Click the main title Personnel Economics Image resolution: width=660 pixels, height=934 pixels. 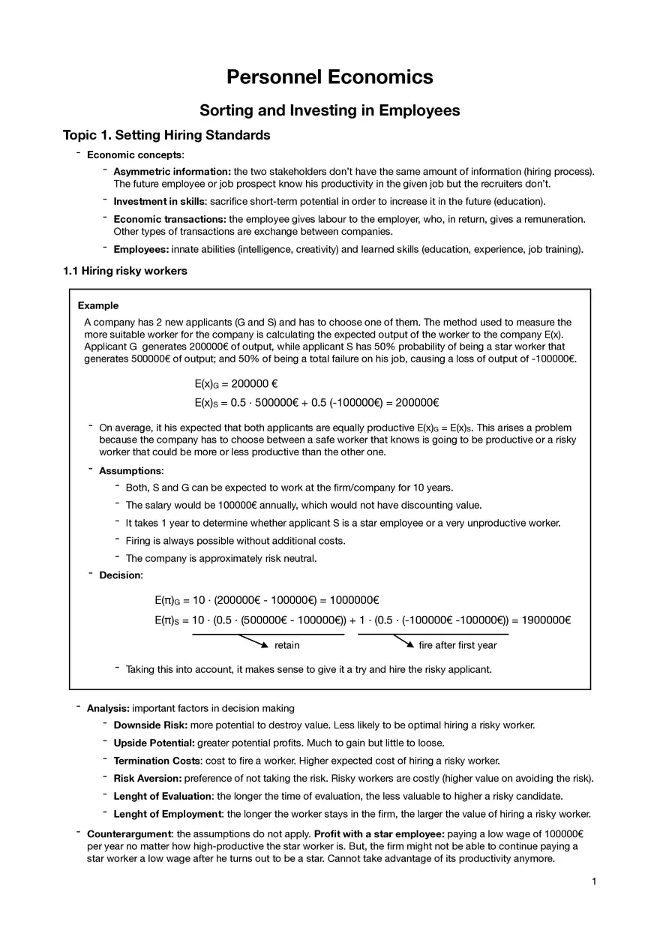pyautogui.click(x=329, y=77)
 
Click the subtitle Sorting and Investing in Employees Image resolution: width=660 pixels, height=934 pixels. pyautogui.click(x=329, y=110)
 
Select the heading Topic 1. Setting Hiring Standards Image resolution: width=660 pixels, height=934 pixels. pyautogui.click(x=166, y=136)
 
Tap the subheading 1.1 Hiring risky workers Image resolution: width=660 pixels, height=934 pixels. pyautogui.click(x=124, y=271)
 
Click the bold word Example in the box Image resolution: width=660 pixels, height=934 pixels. pyautogui.click(x=98, y=305)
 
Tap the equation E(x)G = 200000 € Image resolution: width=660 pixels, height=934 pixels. pyautogui.click(x=236, y=383)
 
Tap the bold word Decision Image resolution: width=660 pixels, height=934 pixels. pyautogui.click(x=120, y=575)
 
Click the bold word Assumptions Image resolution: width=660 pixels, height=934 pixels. pyautogui.click(x=130, y=470)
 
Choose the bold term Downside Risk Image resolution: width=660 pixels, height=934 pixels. pyautogui.click(x=150, y=725)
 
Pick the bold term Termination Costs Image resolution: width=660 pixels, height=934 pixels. pyautogui.click(x=157, y=761)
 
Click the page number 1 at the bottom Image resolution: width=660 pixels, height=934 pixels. pyautogui.click(x=593, y=881)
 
